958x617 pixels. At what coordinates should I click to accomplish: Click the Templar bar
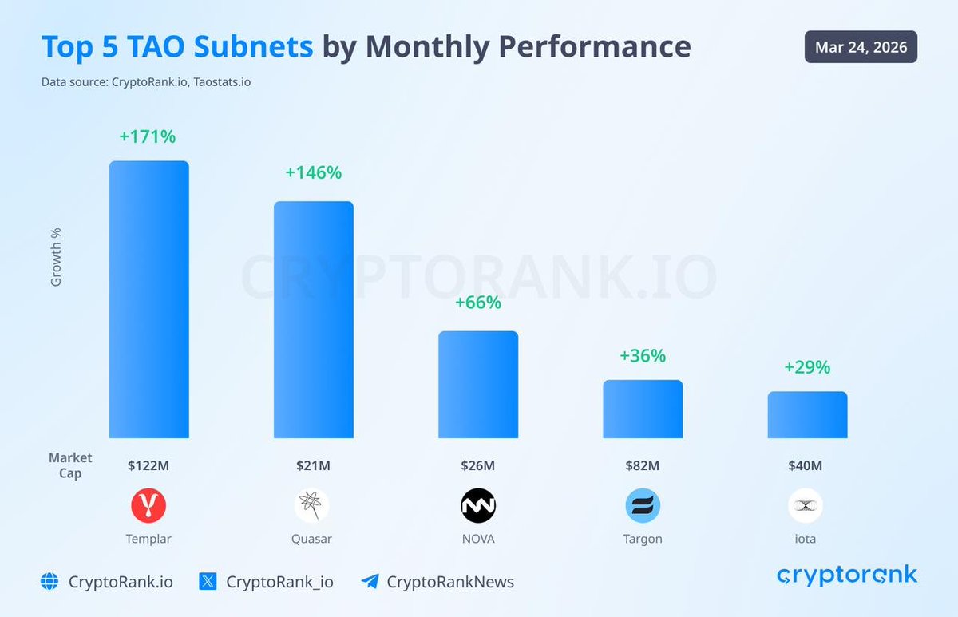[x=148, y=299]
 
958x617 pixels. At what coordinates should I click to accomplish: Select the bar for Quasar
[x=313, y=319]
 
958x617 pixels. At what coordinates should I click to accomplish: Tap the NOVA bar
[x=477, y=384]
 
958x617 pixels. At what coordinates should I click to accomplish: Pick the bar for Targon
[x=643, y=409]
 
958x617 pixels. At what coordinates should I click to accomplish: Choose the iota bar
[x=807, y=414]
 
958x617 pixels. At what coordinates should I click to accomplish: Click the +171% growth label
[x=148, y=136]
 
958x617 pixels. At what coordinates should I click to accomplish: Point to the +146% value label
[x=313, y=172]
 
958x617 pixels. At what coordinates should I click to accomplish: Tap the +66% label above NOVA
[x=477, y=303]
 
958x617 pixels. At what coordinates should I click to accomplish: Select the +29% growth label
[x=807, y=367]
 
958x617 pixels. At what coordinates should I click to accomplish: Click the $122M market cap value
[x=148, y=465]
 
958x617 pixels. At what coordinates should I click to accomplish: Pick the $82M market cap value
[x=643, y=465]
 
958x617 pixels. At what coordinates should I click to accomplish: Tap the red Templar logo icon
[x=148, y=505]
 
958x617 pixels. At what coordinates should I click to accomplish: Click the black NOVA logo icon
[x=478, y=505]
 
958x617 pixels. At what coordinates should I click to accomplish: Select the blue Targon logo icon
[x=643, y=505]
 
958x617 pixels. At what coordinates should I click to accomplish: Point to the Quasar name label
[x=311, y=539]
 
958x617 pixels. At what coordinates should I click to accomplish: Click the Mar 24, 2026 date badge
[x=861, y=47]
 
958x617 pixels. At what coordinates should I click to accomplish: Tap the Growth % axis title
[x=56, y=257]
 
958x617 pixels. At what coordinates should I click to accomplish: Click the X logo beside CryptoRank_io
[x=208, y=582]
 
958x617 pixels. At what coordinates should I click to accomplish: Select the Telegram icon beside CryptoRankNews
[x=369, y=582]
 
